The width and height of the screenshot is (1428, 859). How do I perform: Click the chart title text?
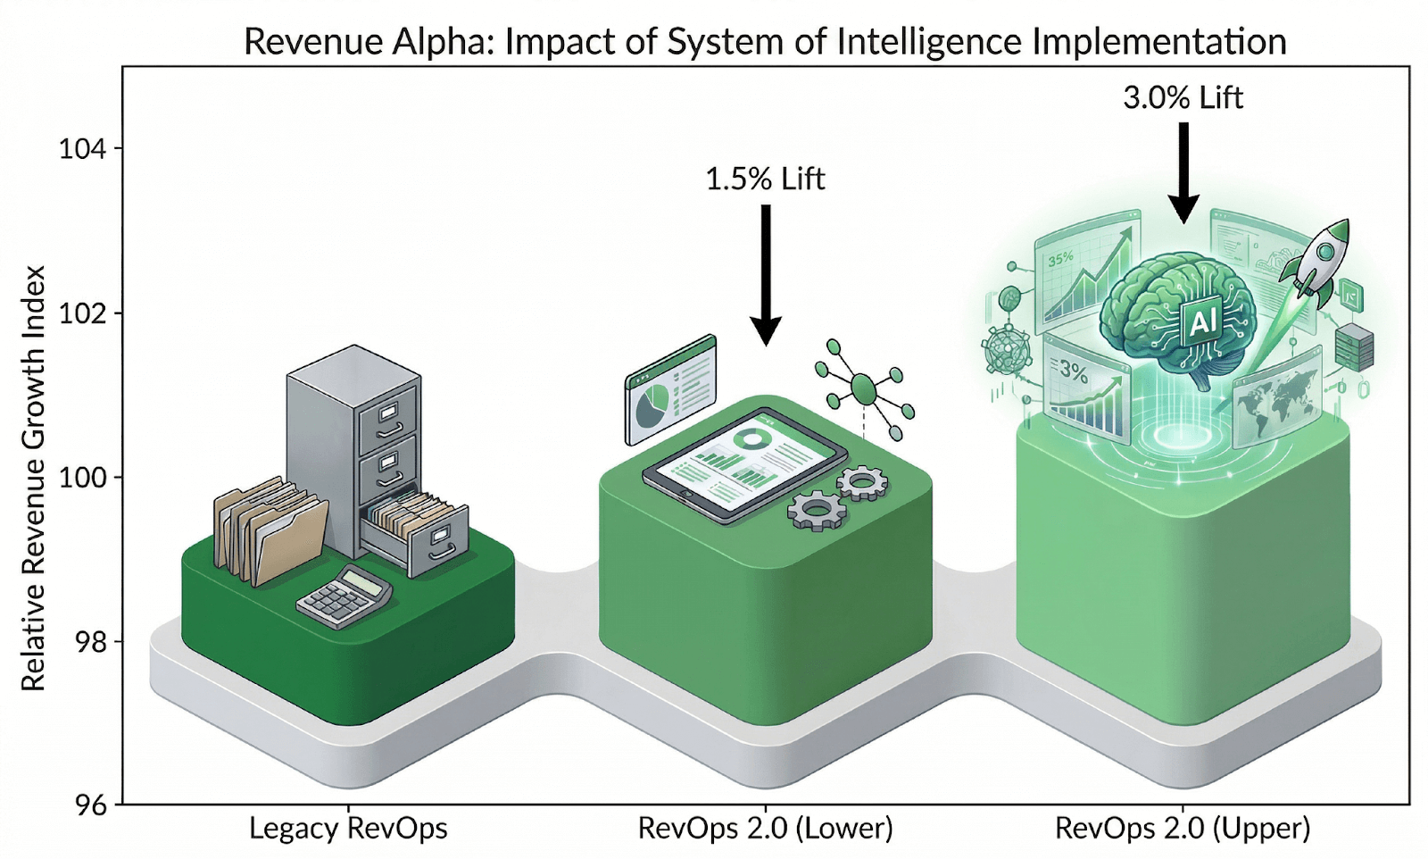(765, 42)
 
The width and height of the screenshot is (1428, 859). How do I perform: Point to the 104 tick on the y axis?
(82, 148)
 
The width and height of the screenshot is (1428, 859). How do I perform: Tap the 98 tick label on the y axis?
(82, 642)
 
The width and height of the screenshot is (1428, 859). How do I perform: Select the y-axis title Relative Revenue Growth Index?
(33, 478)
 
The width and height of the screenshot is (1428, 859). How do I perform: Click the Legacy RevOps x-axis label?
(348, 829)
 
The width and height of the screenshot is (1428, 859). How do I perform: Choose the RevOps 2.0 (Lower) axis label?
(765, 829)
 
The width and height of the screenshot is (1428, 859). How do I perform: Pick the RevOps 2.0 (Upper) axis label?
(1183, 829)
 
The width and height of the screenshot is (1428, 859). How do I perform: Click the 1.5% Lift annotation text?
(765, 179)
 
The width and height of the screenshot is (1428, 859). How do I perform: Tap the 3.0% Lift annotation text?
(1183, 97)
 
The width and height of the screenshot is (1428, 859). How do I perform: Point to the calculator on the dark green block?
(345, 596)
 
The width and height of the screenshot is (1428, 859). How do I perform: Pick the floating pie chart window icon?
(671, 389)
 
